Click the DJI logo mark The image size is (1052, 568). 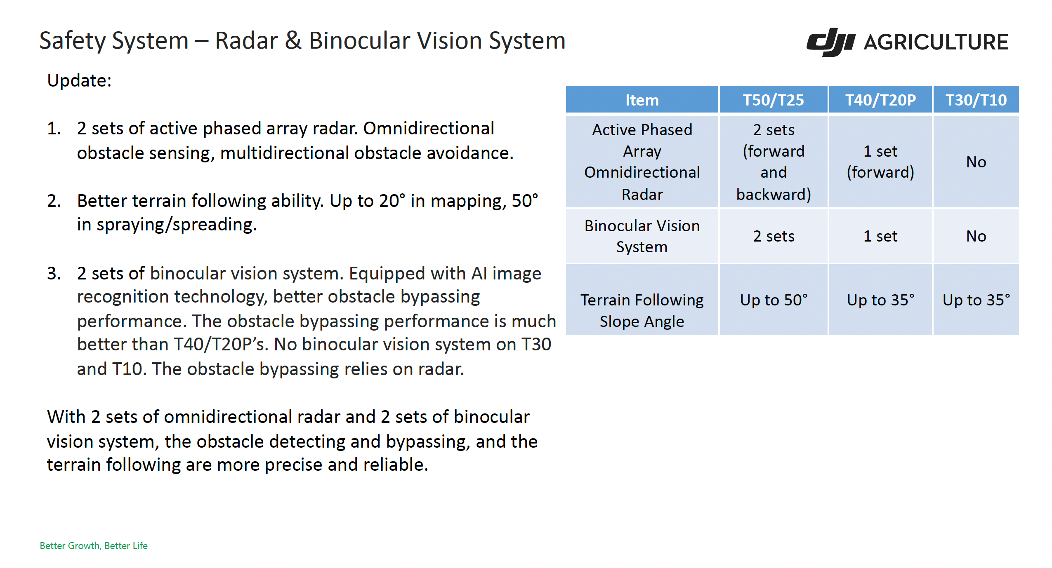830,42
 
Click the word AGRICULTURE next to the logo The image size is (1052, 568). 936,42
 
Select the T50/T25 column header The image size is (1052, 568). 774,100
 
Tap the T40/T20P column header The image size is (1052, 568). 880,100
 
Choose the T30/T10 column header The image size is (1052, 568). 976,100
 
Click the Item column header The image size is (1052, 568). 642,100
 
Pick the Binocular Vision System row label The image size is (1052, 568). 642,236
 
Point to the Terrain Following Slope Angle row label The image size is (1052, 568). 642,310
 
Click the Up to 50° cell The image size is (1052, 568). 774,300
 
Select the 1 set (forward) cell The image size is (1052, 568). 880,162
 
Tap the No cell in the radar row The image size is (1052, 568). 976,162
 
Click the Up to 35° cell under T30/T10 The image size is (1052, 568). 976,300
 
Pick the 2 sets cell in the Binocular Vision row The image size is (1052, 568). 774,236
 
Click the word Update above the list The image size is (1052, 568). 79,80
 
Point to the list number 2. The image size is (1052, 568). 54,201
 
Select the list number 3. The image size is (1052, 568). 54,273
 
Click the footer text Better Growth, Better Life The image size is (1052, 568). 94,546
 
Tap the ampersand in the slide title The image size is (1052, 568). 293,40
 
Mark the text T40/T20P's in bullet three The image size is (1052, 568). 221,345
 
